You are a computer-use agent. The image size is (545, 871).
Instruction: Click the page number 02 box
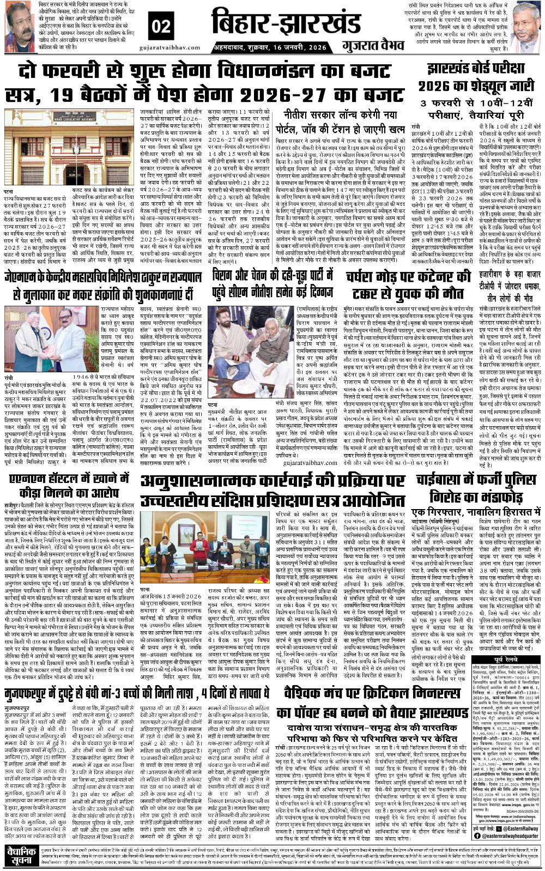click(x=161, y=26)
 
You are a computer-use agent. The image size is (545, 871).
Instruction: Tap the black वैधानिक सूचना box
click(x=20, y=858)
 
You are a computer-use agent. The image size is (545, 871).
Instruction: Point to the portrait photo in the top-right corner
click(x=526, y=25)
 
